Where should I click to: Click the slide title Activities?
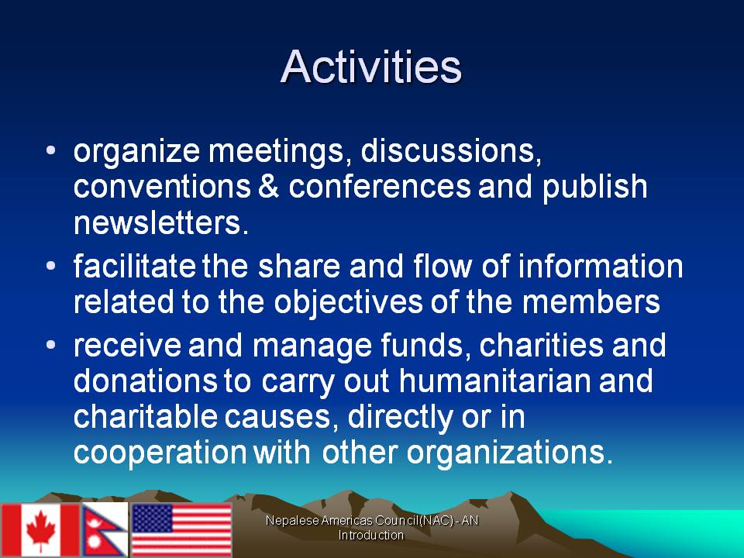pyautogui.click(x=370, y=67)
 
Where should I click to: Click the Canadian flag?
pyautogui.click(x=40, y=530)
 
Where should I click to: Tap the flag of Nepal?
pyautogui.click(x=105, y=529)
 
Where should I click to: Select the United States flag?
pyautogui.click(x=181, y=529)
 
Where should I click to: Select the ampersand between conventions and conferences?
pyautogui.click(x=269, y=186)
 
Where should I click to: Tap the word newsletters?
pyautogui.click(x=161, y=222)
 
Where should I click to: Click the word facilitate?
pyautogui.click(x=135, y=266)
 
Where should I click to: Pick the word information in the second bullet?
pyautogui.click(x=601, y=266)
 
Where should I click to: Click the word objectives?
pyautogui.click(x=348, y=303)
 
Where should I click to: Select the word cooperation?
pyautogui.click(x=160, y=453)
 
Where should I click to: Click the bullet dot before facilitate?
pyautogui.click(x=51, y=265)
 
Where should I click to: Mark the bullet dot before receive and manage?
pyautogui.click(x=51, y=343)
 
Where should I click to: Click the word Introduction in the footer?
pyautogui.click(x=371, y=536)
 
